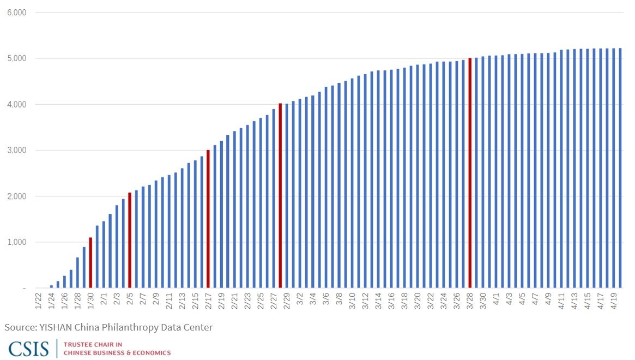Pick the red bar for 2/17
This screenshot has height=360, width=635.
tap(208, 219)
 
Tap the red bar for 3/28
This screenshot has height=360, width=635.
tap(470, 173)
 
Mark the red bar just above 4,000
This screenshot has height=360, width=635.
tap(280, 195)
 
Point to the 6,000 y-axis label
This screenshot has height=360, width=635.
tap(16, 13)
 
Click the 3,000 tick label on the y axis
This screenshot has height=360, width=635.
tap(16, 151)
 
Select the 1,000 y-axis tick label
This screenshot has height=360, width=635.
tap(16, 242)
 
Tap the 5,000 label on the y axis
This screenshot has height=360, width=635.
tap(16, 58)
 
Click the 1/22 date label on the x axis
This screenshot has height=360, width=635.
tap(38, 301)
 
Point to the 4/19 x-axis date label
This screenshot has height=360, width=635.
tap(614, 301)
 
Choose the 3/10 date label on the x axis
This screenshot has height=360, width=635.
tap(352, 301)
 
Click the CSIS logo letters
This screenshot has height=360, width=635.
tap(28, 349)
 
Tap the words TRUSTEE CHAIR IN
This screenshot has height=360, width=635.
tap(93, 345)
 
